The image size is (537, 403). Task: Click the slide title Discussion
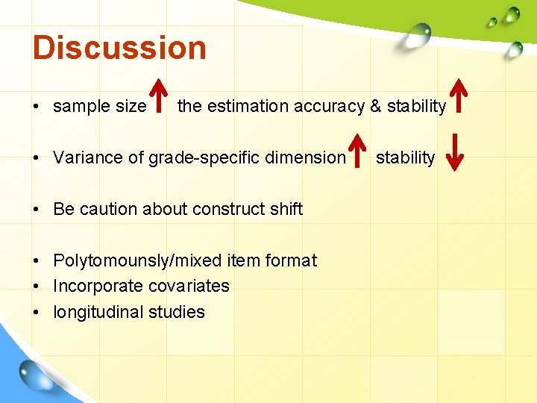point(119,48)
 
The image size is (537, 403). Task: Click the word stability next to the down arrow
point(405,157)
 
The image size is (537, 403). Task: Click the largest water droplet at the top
point(420,32)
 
